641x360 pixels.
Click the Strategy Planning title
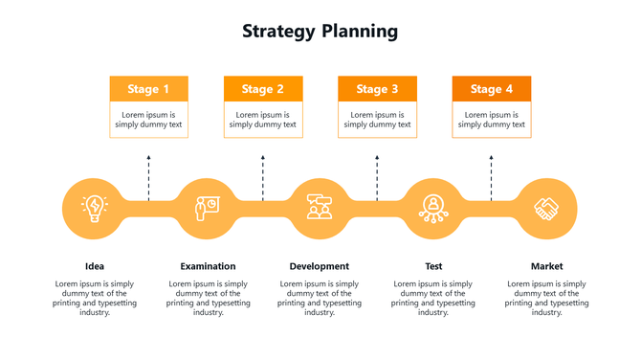(320, 31)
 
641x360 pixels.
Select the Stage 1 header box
(148, 89)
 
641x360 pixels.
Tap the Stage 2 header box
(263, 89)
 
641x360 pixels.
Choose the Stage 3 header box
(377, 89)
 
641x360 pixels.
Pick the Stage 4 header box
(491, 89)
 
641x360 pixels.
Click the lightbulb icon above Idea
(94, 208)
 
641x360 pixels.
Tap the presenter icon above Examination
(206, 208)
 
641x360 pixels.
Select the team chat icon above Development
(320, 208)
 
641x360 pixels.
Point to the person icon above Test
(433, 208)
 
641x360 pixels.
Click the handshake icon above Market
(547, 208)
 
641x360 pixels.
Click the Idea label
(94, 266)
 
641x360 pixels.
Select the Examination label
(208, 266)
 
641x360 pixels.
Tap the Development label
(320, 266)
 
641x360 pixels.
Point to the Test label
(433, 266)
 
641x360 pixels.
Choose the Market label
(547, 266)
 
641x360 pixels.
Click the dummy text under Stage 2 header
(263, 120)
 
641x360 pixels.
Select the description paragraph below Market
(547, 298)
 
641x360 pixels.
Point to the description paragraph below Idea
(94, 298)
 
